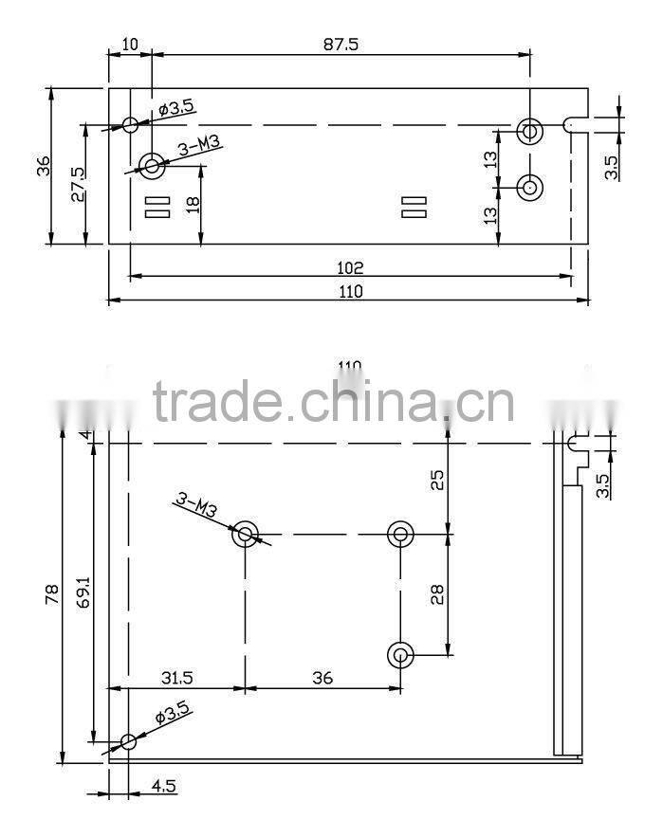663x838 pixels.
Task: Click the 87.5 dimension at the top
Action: point(341,45)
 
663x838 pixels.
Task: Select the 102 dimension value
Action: point(350,269)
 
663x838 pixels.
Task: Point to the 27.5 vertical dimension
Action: point(77,184)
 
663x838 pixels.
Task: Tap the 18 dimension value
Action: point(193,205)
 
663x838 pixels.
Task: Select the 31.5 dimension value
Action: point(175,678)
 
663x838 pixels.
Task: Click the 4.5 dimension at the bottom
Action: point(163,786)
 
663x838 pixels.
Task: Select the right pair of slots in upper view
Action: point(414,208)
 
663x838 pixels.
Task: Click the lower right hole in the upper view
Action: point(529,187)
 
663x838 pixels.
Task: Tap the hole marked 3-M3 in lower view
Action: point(246,534)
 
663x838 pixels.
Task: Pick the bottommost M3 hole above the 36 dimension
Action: point(401,654)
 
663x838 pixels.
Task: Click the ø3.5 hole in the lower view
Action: point(128,741)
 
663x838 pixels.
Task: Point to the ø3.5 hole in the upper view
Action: point(131,124)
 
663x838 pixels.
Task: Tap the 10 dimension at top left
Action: point(130,45)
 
